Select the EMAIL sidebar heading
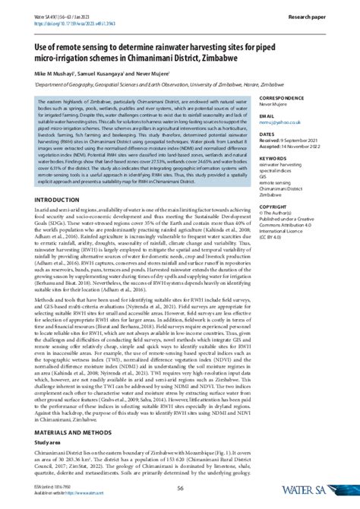coord(267,112)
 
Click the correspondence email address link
coord(282,119)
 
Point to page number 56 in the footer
coord(180,488)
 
